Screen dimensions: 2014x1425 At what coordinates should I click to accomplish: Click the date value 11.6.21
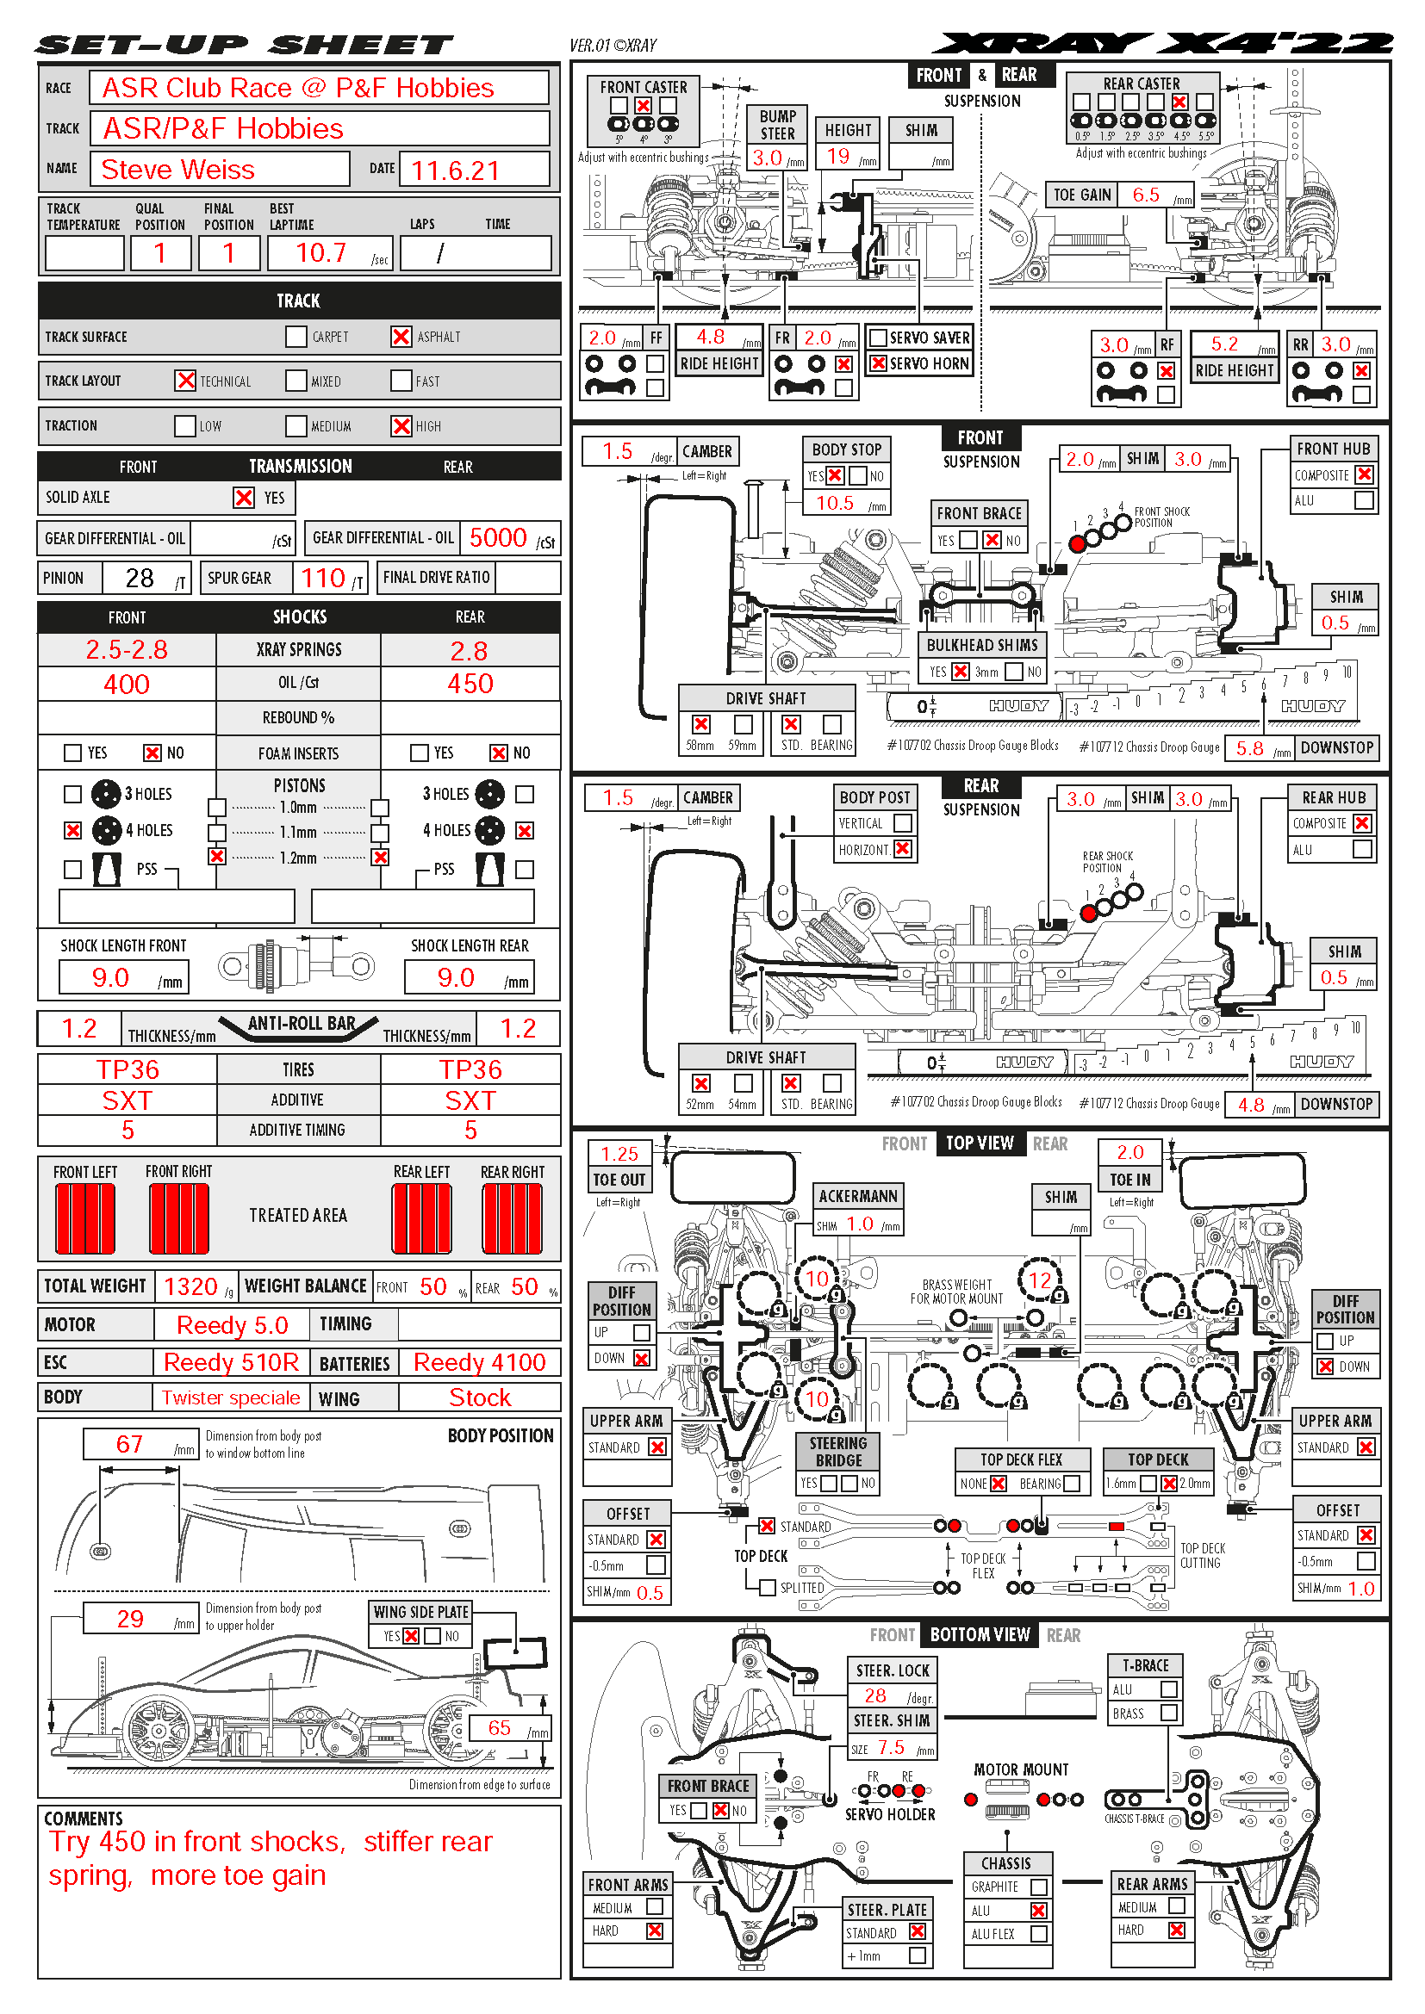[455, 170]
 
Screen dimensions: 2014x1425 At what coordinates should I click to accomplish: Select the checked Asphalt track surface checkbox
[401, 337]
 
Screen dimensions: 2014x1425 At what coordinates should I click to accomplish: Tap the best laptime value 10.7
[321, 252]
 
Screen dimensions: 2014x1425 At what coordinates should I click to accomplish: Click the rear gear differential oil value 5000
[497, 537]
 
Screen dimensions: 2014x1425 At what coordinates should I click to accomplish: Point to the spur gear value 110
[323, 578]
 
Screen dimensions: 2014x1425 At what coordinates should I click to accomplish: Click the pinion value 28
[140, 578]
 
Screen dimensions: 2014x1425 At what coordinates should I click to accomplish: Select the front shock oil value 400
[127, 685]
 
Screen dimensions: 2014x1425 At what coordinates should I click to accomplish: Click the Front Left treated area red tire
[84, 1218]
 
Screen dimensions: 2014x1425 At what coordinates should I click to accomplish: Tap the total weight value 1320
[190, 1286]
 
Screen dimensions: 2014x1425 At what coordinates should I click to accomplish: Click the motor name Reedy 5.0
[232, 1325]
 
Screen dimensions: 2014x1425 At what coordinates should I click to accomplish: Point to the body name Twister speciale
[231, 1398]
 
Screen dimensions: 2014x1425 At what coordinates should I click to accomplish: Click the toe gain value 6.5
[1145, 195]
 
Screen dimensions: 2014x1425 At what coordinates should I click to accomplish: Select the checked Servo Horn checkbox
[877, 363]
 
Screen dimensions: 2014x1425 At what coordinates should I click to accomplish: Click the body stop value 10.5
[835, 503]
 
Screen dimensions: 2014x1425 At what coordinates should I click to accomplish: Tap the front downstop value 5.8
[1249, 748]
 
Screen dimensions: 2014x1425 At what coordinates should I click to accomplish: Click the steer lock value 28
[874, 1695]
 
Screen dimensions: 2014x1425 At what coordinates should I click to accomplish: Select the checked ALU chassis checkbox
[1038, 1911]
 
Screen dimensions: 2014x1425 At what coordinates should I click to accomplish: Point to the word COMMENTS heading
[84, 1819]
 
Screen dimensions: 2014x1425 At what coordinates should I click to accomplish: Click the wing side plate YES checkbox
[410, 1636]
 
